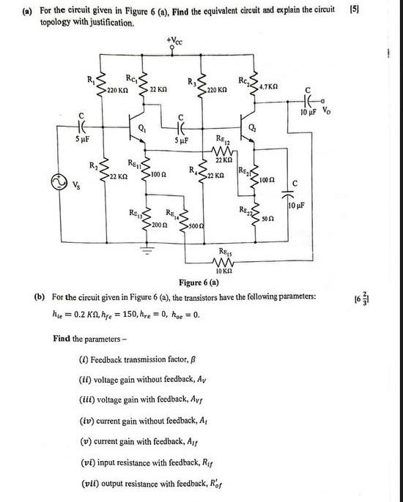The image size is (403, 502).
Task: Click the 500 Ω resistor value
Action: pyautogui.click(x=196, y=230)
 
